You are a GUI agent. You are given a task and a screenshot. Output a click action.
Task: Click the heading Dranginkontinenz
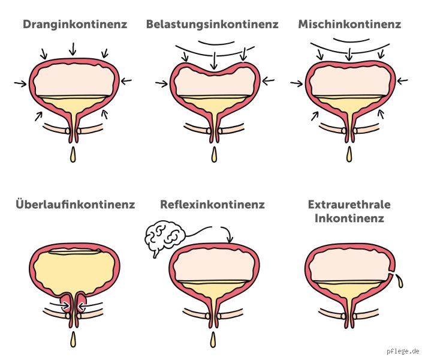75,25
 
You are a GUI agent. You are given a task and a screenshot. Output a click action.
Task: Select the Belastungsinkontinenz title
212,25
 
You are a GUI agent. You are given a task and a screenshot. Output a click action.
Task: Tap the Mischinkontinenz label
349,24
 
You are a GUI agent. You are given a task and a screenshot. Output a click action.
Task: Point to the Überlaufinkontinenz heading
76,203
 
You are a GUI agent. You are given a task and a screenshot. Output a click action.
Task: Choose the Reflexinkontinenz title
212,204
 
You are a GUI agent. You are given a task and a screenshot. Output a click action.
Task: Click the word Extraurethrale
349,204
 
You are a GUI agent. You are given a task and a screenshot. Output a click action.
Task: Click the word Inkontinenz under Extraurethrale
349,218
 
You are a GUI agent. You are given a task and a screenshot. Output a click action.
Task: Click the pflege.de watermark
403,351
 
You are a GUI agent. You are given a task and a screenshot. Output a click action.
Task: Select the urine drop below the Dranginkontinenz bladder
73,155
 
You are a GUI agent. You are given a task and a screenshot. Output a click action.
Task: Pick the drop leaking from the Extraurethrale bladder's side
399,281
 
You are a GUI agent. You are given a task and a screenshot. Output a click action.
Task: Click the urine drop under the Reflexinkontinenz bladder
213,340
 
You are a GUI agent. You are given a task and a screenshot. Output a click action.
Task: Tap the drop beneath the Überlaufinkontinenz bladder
73,340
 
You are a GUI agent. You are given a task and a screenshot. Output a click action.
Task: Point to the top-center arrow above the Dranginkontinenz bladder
73,49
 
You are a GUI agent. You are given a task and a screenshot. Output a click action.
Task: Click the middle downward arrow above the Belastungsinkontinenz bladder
215,61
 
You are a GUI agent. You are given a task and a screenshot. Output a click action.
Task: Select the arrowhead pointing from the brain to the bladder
230,239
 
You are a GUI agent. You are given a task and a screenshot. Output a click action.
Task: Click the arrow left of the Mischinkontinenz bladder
296,83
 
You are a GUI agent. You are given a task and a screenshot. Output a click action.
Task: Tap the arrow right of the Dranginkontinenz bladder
126,80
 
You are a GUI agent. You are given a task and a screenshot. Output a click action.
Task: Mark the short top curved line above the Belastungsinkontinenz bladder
216,43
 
